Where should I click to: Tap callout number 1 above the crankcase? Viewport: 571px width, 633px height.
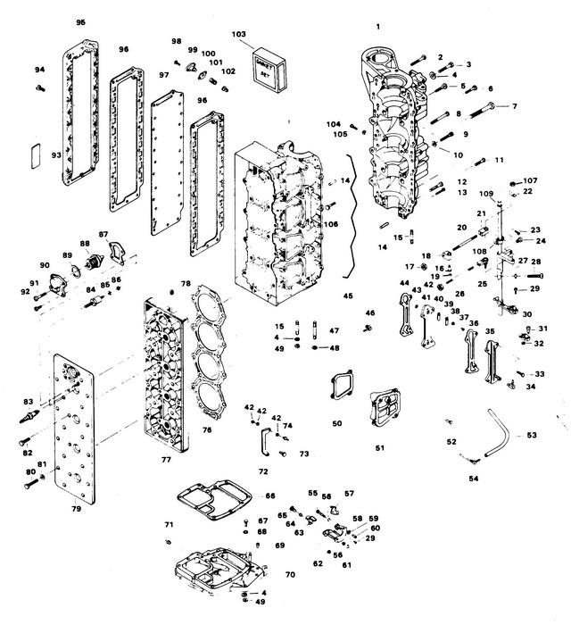click(x=377, y=27)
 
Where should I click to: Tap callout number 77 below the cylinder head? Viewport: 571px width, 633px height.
click(x=165, y=461)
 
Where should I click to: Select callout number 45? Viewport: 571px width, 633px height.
click(x=347, y=296)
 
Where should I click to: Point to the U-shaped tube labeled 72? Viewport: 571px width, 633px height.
click(x=267, y=441)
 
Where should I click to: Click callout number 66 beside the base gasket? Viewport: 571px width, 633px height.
click(x=269, y=496)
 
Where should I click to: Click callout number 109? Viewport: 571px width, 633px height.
click(x=485, y=194)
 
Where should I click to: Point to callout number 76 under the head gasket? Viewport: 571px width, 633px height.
click(x=206, y=429)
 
